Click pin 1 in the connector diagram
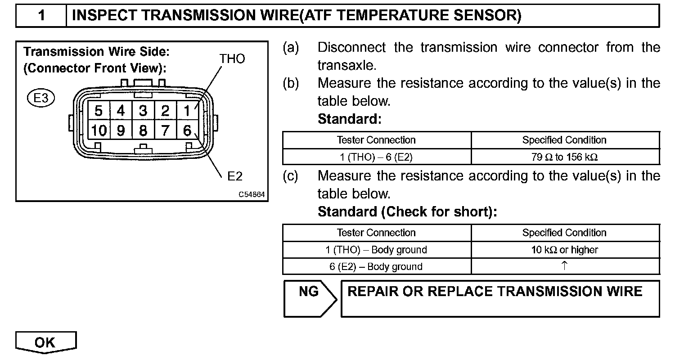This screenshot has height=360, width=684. (x=187, y=110)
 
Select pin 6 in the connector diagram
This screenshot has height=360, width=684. (x=187, y=131)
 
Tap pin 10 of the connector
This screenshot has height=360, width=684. (x=99, y=131)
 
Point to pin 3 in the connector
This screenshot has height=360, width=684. (x=143, y=110)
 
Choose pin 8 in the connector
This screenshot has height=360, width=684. (x=143, y=131)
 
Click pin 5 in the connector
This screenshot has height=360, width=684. (x=99, y=110)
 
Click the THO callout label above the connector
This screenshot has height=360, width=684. (x=232, y=59)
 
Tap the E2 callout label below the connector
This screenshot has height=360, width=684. (x=235, y=176)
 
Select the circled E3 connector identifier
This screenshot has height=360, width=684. (x=41, y=98)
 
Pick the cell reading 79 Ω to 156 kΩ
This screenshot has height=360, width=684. (x=565, y=157)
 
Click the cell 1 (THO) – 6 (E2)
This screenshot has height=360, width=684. (x=376, y=157)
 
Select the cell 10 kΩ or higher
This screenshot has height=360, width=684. (x=565, y=250)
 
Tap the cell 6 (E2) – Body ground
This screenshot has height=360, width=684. (x=376, y=266)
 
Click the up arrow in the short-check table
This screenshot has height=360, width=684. (x=564, y=265)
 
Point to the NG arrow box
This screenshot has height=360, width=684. (x=309, y=298)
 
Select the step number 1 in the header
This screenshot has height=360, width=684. (x=41, y=16)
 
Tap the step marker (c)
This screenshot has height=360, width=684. (x=290, y=176)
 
